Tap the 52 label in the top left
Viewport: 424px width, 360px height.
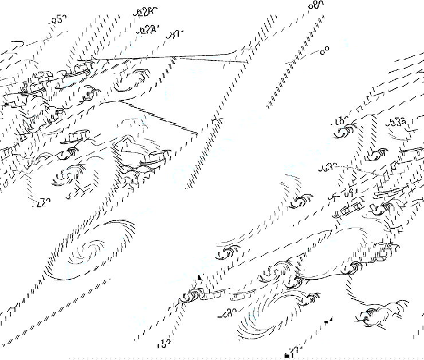[x=58, y=19]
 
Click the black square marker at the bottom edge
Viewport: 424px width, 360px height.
[x=287, y=356]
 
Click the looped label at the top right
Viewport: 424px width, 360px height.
[x=316, y=5]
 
